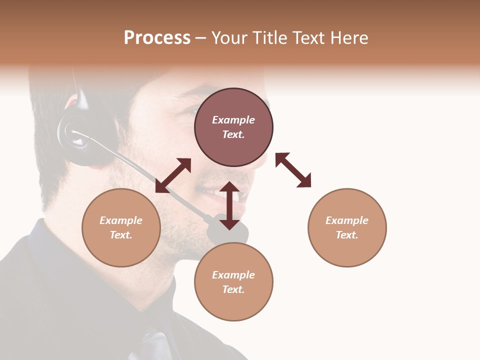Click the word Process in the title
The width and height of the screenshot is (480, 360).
[157, 38]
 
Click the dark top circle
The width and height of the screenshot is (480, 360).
[233, 127]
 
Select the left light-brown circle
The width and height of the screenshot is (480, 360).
[121, 227]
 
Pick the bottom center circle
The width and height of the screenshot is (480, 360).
[233, 282]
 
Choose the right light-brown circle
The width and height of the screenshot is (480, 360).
[347, 227]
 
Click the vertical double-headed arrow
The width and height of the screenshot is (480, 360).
[229, 205]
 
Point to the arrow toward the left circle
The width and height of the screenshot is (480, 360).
[173, 175]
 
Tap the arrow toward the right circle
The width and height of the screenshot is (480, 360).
[293, 170]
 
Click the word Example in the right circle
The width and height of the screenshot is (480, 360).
[347, 220]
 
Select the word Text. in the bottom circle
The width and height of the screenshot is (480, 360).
[233, 289]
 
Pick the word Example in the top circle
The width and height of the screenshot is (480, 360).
[233, 120]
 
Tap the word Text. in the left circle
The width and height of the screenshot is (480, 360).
[121, 235]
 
